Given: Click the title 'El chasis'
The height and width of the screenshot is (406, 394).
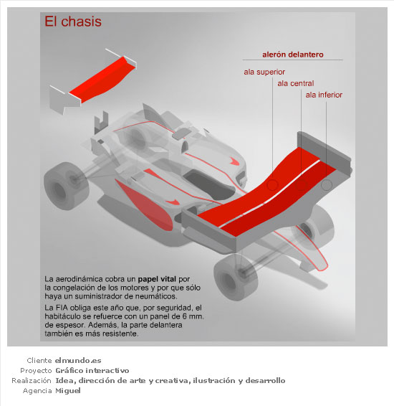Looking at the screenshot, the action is (x=73, y=22).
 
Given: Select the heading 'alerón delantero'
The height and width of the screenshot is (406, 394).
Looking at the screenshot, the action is (x=293, y=55).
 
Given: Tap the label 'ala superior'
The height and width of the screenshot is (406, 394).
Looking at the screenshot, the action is (x=264, y=72).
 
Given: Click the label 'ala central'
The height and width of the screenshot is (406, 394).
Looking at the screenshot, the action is (x=295, y=83).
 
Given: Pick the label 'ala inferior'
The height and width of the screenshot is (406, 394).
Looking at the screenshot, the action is (x=324, y=95).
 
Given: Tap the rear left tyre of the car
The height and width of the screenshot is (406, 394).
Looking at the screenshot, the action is (x=66, y=186).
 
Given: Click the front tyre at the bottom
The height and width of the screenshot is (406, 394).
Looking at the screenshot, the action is (x=236, y=277).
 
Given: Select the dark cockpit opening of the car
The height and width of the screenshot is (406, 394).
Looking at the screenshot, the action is (x=209, y=184).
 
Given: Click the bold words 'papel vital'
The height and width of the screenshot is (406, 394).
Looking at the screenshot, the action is (x=157, y=279).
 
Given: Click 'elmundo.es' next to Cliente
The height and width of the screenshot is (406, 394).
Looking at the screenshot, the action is (x=78, y=360).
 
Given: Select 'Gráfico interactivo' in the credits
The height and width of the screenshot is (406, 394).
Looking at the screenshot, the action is (x=92, y=371).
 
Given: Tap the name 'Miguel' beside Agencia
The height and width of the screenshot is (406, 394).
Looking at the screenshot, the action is (x=68, y=390).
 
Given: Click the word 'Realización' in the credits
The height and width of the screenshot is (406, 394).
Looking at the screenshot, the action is (x=32, y=381).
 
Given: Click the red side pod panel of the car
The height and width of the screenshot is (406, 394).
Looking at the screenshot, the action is (x=144, y=204).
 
